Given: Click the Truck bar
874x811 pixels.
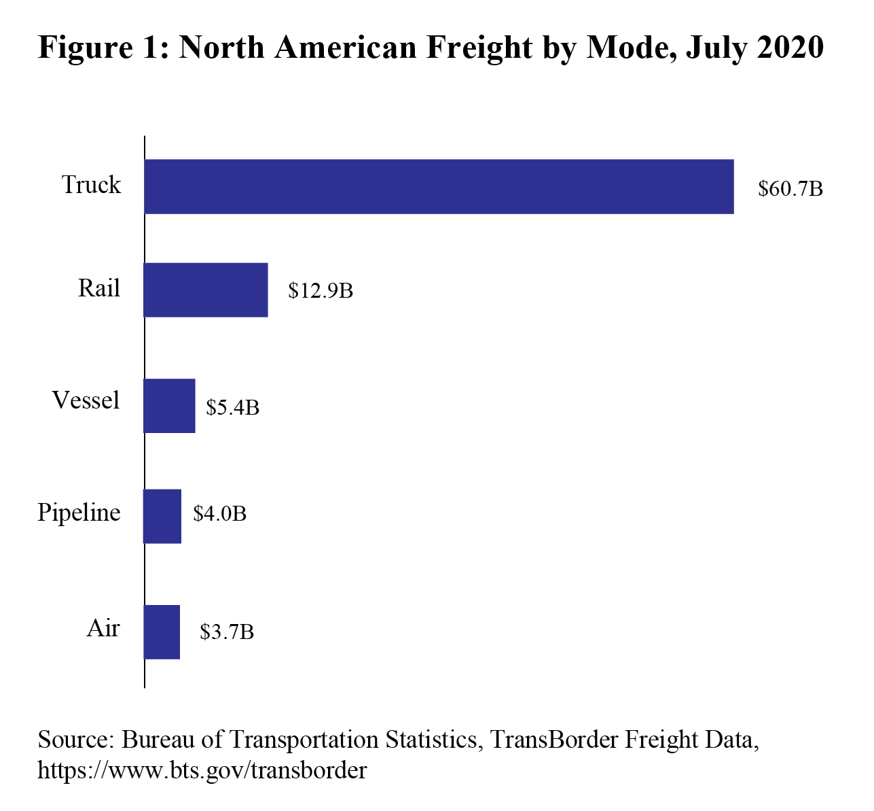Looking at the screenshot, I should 439,187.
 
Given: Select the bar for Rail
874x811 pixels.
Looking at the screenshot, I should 206,290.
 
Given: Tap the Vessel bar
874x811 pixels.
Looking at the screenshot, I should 169,406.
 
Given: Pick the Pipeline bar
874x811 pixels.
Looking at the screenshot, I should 162,516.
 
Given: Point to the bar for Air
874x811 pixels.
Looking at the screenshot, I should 162,632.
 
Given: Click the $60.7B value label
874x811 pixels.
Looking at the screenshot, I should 790,188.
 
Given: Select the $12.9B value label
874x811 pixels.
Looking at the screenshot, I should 321,291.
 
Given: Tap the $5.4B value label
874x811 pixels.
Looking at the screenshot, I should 233,407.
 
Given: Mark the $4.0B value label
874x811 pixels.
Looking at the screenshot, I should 219,513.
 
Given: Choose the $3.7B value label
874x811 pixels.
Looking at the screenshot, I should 227,632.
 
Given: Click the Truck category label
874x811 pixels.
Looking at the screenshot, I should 91,185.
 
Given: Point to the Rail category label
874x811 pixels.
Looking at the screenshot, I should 98,288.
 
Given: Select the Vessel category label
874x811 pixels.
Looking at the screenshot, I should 86,400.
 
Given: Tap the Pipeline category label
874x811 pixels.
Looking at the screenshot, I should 79,512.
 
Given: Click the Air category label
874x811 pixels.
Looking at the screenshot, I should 103,628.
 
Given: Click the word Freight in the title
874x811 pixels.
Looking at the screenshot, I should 481,48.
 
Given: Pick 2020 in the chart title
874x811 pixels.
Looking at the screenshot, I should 790,48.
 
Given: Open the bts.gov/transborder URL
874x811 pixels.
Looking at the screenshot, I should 202,770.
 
